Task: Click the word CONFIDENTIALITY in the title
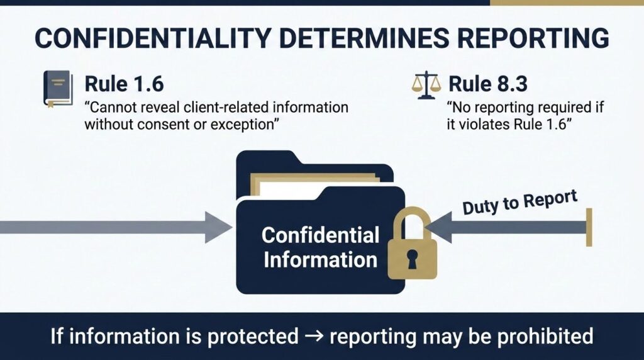152,38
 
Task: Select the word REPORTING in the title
533,38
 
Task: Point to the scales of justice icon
426,85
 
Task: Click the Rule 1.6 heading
124,84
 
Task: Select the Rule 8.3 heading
488,84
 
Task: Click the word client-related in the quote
226,107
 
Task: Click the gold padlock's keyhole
412,259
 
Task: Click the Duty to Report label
520,202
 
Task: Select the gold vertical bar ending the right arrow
589,227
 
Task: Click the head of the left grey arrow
219,227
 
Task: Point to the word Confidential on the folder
320,235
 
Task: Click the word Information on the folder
320,260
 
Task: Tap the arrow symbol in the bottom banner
314,337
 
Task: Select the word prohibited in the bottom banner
545,335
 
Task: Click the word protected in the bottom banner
253,337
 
